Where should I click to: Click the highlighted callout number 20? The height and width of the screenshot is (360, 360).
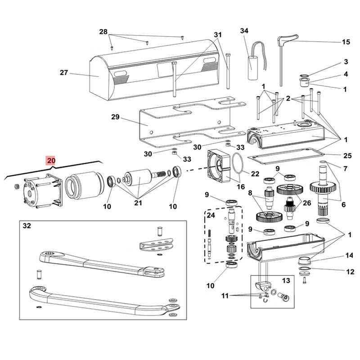click(50, 160)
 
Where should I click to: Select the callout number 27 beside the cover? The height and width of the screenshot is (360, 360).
click(63, 72)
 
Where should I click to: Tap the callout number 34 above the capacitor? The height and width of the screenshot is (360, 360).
click(244, 31)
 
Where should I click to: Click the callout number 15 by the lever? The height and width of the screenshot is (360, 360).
click(346, 42)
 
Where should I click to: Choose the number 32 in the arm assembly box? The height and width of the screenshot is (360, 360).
click(27, 227)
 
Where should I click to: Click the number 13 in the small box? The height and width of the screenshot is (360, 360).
click(286, 280)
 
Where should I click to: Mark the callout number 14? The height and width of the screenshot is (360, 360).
click(349, 255)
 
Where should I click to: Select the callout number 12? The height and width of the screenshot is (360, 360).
click(349, 271)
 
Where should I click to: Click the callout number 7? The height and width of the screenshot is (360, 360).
click(346, 169)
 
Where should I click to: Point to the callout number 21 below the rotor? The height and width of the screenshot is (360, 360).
click(138, 203)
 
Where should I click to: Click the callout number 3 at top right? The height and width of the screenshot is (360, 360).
click(346, 61)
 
